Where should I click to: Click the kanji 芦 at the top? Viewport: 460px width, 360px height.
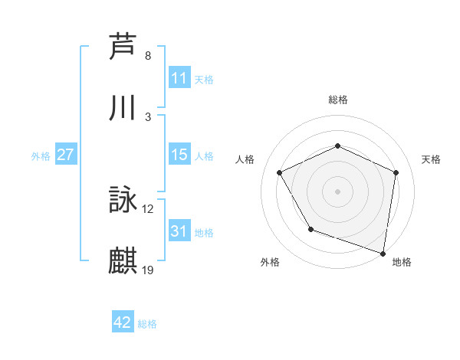pyautogui.click(x=123, y=47)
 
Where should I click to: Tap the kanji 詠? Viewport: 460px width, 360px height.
pyautogui.click(x=123, y=201)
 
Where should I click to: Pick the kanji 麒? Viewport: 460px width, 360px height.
pyautogui.click(x=123, y=261)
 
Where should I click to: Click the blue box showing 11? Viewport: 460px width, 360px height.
pyautogui.click(x=179, y=78)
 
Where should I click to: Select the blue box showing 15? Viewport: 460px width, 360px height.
pyautogui.click(x=179, y=155)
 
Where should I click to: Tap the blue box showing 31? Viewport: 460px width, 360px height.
pyautogui.click(x=179, y=231)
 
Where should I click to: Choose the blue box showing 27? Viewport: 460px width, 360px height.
pyautogui.click(x=66, y=155)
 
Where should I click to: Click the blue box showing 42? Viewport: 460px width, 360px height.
pyautogui.click(x=123, y=323)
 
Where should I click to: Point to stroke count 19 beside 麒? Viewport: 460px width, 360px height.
pyautogui.click(x=148, y=270)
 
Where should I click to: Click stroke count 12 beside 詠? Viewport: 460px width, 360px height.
pyautogui.click(x=148, y=209)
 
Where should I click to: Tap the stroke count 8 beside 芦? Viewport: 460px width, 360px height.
pyautogui.click(x=148, y=56)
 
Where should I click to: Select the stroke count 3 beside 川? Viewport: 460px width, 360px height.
pyautogui.click(x=148, y=116)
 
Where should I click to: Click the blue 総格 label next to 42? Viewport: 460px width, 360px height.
pyautogui.click(x=148, y=324)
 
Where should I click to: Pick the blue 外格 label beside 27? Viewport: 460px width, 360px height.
pyautogui.click(x=41, y=155)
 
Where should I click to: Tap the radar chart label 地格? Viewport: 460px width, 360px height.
pyautogui.click(x=402, y=262)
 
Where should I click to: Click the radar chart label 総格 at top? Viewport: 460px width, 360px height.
pyautogui.click(x=338, y=100)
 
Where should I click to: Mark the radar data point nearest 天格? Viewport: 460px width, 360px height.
pyautogui.click(x=396, y=172)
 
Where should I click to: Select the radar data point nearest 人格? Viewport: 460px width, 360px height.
pyautogui.click(x=280, y=173)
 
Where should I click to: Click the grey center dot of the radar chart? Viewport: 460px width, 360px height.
pyautogui.click(x=338, y=191)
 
